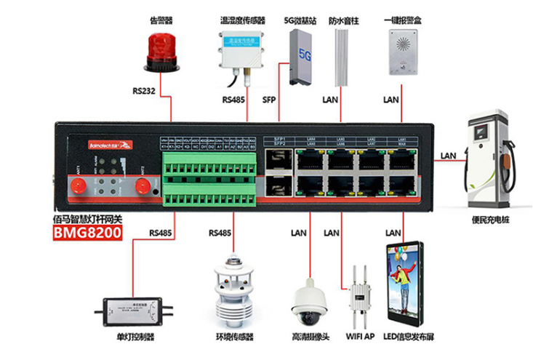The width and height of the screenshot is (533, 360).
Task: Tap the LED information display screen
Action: (x=404, y=279)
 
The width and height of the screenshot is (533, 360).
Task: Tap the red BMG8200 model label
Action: (x=87, y=234)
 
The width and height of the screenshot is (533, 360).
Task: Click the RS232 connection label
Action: (x=145, y=92)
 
